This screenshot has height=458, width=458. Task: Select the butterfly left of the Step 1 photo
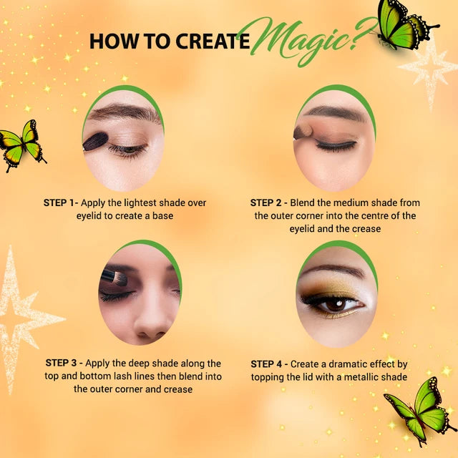pyautogui.click(x=22, y=145)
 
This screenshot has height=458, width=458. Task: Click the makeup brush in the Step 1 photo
pyautogui.click(x=95, y=142)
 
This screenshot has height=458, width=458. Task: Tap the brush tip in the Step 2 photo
pyautogui.click(x=303, y=132)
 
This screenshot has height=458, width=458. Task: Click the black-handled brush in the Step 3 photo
pyautogui.click(x=114, y=278)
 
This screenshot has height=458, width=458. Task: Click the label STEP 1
pyautogui.click(x=59, y=203)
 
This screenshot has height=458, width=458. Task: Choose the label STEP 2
pyautogui.click(x=265, y=203)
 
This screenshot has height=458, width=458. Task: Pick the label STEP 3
pyautogui.click(x=61, y=363)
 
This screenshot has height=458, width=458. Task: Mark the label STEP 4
pyautogui.click(x=266, y=364)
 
